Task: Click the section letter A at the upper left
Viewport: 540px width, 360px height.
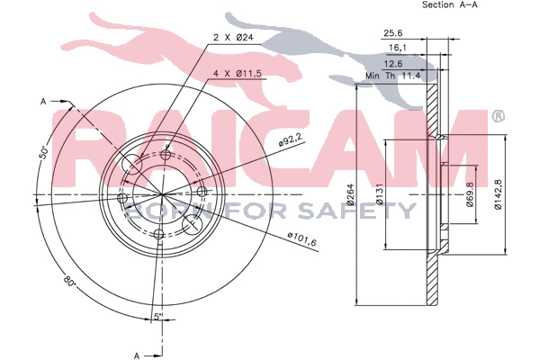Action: (x=42, y=102)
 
